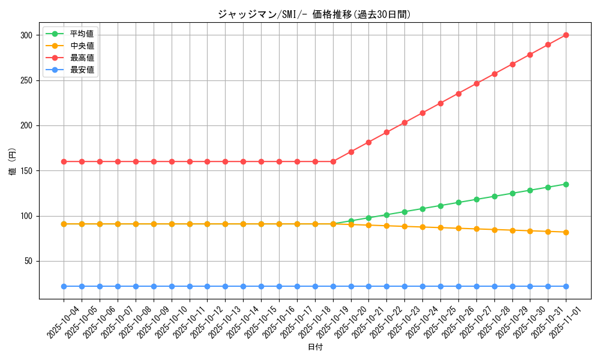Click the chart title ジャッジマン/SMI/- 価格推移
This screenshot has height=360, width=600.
click(x=314, y=14)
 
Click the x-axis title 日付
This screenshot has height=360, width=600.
click(x=315, y=347)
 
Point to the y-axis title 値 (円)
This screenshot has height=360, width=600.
click(x=13, y=163)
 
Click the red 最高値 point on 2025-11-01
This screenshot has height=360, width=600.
click(x=566, y=35)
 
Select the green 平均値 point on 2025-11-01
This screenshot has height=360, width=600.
click(x=566, y=184)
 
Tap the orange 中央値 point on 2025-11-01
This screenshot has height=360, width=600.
click(x=566, y=232)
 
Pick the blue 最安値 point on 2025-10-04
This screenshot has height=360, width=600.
click(x=64, y=286)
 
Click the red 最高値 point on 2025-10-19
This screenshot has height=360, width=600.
click(x=333, y=161)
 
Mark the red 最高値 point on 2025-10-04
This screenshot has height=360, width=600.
click(x=64, y=161)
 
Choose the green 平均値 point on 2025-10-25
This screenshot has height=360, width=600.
click(x=440, y=206)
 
